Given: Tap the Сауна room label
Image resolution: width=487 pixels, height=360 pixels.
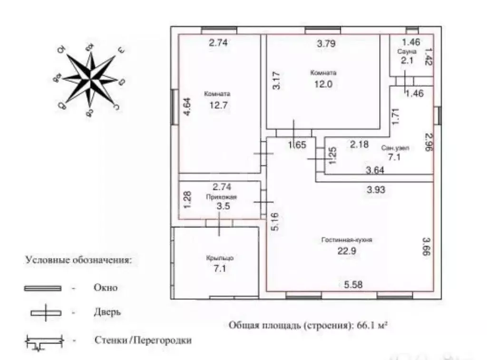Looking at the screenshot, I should pyautogui.click(x=408, y=51).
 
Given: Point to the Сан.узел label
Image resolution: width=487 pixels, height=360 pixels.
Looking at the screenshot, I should pyautogui.click(x=395, y=148).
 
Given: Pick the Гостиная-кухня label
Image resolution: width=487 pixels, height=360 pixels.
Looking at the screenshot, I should pyautogui.click(x=346, y=240).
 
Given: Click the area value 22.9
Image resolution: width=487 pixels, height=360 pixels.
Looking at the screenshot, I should pyautogui.click(x=346, y=252).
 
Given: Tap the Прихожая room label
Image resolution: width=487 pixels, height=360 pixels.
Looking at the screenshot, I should pyautogui.click(x=221, y=196).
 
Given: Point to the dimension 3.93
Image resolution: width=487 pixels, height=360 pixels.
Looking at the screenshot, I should pyautogui.click(x=376, y=190).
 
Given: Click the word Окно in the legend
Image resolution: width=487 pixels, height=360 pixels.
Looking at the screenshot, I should pyautogui.click(x=106, y=287).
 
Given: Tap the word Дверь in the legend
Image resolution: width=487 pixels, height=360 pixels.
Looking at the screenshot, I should pyautogui.click(x=107, y=312).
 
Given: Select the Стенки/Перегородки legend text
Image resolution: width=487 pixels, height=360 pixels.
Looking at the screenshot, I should pyautogui.click(x=143, y=340).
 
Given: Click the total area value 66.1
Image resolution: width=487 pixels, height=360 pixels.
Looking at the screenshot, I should pyautogui.click(x=361, y=325).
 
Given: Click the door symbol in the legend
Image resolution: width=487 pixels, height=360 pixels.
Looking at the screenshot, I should pyautogui.click(x=46, y=312).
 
